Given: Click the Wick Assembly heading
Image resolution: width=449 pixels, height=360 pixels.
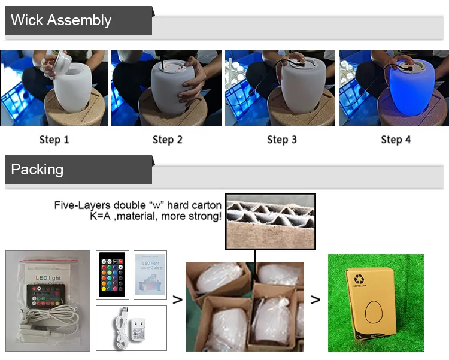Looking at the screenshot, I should click(x=61, y=20).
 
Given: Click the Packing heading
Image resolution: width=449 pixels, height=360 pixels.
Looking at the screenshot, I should click(x=37, y=170).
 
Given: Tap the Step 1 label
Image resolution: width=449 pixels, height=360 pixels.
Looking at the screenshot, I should click(x=54, y=140).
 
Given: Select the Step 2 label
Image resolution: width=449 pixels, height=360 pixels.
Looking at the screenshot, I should click(x=167, y=140).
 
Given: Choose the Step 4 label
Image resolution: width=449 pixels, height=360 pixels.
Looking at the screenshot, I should click(x=396, y=140).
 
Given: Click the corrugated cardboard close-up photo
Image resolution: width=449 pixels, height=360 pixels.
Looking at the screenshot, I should click(x=270, y=221).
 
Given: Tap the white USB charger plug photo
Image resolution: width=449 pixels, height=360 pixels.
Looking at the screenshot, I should click(x=131, y=328).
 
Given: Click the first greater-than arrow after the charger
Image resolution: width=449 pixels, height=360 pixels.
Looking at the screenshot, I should click(x=177, y=300).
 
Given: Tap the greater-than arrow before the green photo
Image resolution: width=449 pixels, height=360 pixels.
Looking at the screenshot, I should click(x=315, y=300).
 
